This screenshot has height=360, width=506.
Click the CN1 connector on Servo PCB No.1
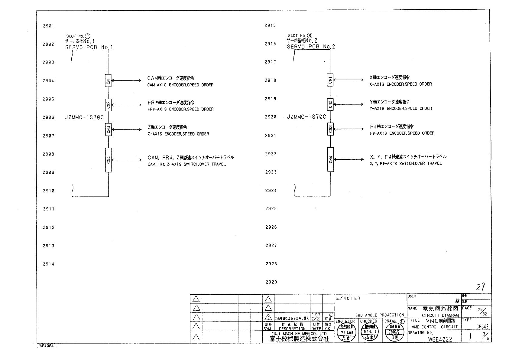[x=108, y=80]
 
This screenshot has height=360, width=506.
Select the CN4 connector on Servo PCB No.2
[x=330, y=159]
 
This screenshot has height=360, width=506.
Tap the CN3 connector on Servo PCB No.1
[x=108, y=130]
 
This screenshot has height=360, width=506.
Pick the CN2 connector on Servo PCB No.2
[x=330, y=104]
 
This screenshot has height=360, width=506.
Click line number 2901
[x=48, y=26]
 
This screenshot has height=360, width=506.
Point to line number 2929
[x=271, y=282]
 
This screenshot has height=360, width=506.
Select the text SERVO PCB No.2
[x=311, y=47]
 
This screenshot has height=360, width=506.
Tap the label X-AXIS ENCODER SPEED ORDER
[x=401, y=84]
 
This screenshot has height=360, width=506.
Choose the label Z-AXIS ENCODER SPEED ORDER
[x=178, y=134]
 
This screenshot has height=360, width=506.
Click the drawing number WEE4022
[x=440, y=339]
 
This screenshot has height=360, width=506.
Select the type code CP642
[x=482, y=327]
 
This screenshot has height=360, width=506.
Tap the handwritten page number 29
[x=481, y=287]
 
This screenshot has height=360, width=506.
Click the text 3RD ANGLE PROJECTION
[x=379, y=315]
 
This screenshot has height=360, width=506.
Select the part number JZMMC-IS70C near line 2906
[x=84, y=117]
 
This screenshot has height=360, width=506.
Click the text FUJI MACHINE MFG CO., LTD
[x=299, y=334]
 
